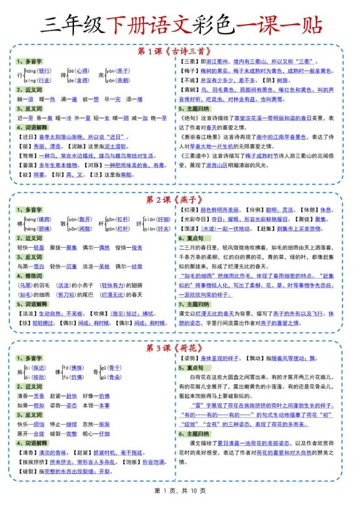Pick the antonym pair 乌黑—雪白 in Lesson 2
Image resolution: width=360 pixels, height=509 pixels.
click(x=31, y=266)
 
